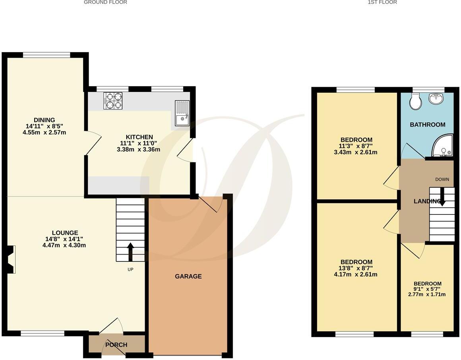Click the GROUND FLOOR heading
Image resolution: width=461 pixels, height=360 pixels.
(105, 2)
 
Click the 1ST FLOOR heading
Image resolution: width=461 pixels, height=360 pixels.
(382, 2)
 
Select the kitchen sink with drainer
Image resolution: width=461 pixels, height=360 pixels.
(182, 113)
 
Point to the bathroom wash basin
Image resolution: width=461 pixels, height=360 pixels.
(437, 99)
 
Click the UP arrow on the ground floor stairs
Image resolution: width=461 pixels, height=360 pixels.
(130, 251)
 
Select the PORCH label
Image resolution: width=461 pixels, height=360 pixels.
(116, 344)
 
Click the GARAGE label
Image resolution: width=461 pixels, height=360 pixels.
(188, 276)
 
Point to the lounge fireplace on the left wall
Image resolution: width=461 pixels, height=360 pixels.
(12, 259)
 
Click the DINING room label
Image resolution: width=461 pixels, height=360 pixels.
(44, 120)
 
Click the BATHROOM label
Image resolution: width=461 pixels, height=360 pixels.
(428, 125)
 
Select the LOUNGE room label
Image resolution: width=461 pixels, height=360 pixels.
(65, 233)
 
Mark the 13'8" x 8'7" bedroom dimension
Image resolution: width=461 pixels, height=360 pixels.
(356, 268)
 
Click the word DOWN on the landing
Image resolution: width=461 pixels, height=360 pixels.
(442, 179)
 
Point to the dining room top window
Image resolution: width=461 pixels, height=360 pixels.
(46, 55)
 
